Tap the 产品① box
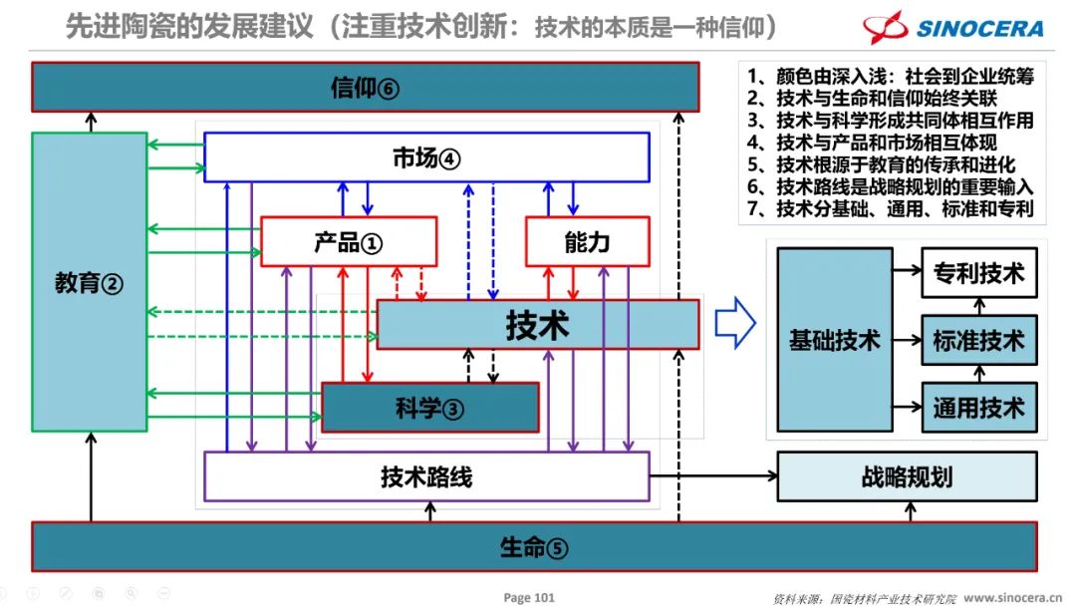tap(349, 242)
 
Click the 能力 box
tap(587, 242)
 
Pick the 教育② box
tap(89, 283)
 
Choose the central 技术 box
tap(538, 325)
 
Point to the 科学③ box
tap(429, 407)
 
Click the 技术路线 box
tap(426, 476)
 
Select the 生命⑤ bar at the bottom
tap(534, 547)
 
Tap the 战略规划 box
tap(907, 476)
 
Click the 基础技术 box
tap(835, 340)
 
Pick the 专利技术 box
tap(978, 273)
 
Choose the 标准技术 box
tap(978, 341)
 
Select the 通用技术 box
tap(978, 408)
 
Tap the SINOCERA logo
tap(952, 27)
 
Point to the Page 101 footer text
tap(529, 598)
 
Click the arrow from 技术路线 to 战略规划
tap(712, 476)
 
